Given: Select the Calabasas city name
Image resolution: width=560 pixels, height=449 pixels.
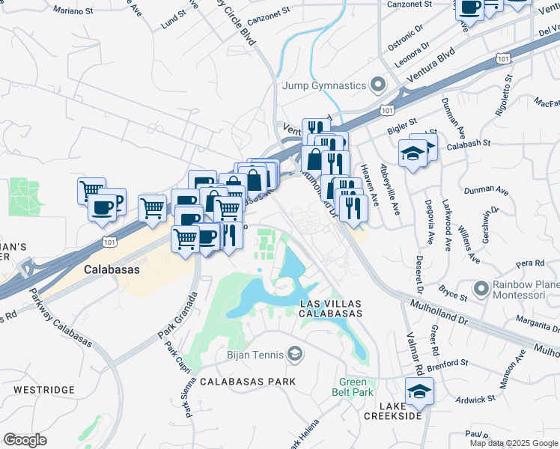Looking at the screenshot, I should click(x=110, y=268).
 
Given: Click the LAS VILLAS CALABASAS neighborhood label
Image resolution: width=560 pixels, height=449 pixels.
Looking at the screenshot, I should click(x=330, y=308).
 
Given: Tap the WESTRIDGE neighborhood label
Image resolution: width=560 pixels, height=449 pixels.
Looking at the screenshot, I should click(x=44, y=390).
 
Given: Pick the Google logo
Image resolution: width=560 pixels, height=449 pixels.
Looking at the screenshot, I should click(x=25, y=440).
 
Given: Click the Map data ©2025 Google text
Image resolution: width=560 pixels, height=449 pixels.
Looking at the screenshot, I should click(x=513, y=443).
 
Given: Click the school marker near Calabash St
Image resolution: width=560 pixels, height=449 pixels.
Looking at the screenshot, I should click(x=413, y=153).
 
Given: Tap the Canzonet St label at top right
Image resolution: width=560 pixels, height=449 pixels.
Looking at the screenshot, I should click(x=413, y=4).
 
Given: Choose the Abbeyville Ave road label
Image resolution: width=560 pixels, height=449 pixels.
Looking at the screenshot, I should click(x=389, y=190).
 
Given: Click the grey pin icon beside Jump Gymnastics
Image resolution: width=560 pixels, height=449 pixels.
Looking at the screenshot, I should click(x=378, y=85).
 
